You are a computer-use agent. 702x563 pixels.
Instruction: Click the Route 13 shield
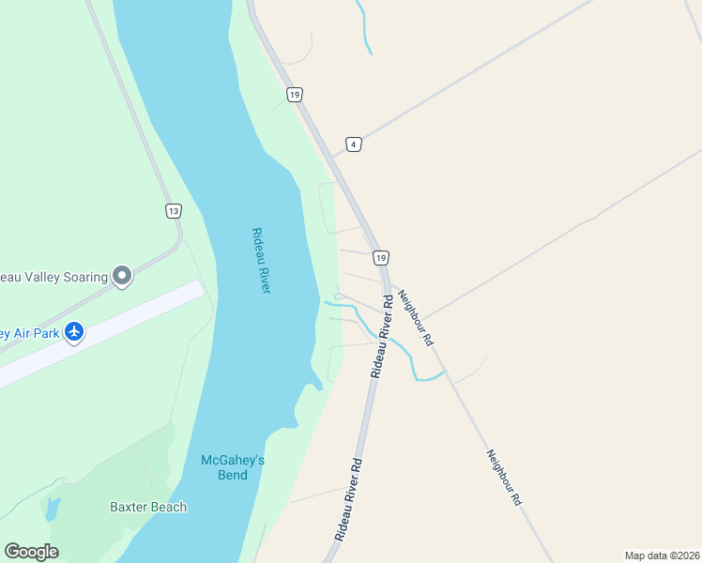click(173, 211)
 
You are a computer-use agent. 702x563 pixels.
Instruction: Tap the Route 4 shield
click(353, 144)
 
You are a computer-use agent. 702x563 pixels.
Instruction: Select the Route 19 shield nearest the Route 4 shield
click(295, 95)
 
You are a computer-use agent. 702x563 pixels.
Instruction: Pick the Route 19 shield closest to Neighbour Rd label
click(379, 257)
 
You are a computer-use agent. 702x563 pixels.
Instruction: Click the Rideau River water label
click(261, 261)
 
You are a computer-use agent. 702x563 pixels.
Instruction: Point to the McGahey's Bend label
click(225, 466)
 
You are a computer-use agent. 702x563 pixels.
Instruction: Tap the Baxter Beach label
click(148, 507)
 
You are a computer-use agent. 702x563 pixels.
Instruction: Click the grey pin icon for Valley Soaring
click(122, 276)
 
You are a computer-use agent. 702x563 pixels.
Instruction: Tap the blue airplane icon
click(74, 332)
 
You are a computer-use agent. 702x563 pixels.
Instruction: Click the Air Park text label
click(28, 333)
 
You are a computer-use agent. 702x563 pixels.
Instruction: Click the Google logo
click(31, 552)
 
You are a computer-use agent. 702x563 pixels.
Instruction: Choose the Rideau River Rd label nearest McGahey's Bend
click(347, 498)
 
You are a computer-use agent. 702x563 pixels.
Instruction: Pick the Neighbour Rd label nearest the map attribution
click(503, 478)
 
